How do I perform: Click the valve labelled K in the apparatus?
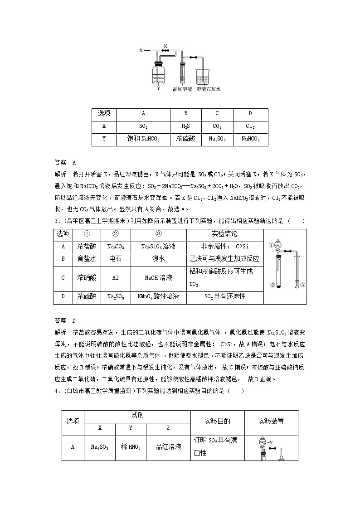coord(165,50)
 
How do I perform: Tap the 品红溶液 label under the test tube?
coord(182,90)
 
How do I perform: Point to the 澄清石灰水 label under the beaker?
coord(209,90)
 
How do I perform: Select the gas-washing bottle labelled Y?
coord(158,73)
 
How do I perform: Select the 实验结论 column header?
coord(224,234)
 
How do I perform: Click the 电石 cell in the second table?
coord(115,259)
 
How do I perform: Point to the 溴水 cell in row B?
coord(158,259)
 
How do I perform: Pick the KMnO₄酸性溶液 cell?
coord(158,296)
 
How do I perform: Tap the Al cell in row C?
coord(115,277)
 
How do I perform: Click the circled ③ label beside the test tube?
coord(302,285)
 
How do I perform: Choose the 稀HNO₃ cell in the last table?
coord(131,447)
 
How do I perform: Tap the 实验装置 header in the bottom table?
coord(271,422)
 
